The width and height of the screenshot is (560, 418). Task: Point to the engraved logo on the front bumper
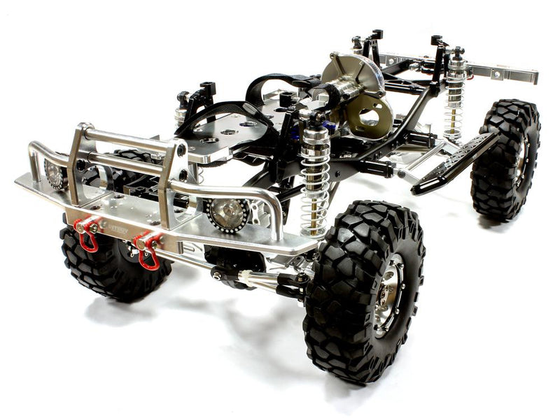point(118,229)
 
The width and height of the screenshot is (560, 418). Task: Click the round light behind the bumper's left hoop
point(55,173)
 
